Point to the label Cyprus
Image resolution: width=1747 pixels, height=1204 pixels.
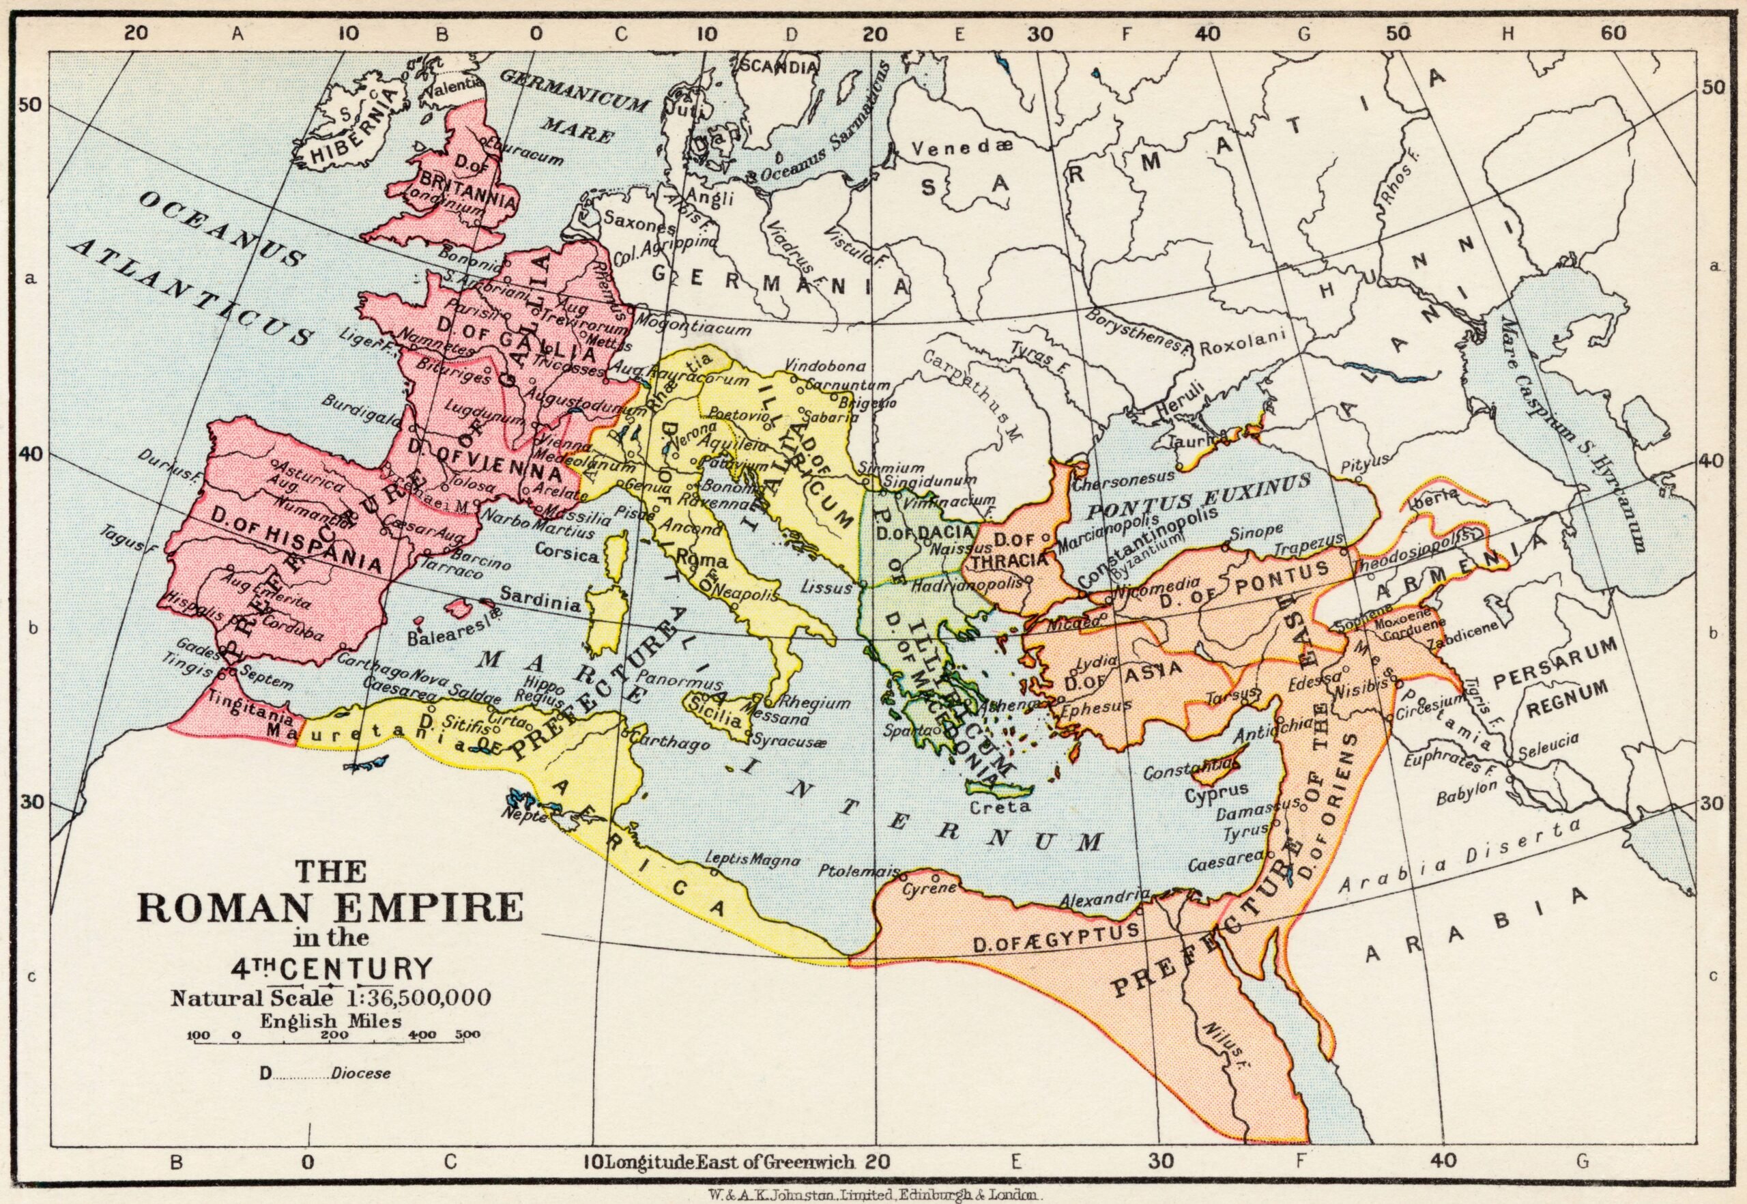click(x=1216, y=792)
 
